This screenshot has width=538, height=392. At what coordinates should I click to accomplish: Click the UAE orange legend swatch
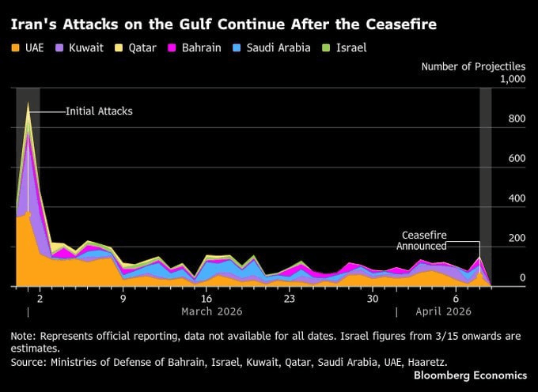[16, 48]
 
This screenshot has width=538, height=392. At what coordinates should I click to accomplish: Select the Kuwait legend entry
[79, 48]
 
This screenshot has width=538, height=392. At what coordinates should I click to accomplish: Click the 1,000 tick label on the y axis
[512, 79]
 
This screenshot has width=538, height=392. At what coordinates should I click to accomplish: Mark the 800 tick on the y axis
[517, 119]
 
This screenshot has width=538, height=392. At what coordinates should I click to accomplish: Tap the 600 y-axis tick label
[517, 159]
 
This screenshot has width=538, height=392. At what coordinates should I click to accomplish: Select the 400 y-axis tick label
[517, 199]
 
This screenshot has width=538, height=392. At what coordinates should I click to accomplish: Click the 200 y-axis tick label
[517, 239]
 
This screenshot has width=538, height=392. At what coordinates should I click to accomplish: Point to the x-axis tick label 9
[123, 300]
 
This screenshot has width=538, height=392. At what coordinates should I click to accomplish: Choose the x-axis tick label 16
[206, 300]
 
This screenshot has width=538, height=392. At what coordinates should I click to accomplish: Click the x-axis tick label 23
[290, 300]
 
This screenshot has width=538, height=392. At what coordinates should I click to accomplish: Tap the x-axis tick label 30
[373, 300]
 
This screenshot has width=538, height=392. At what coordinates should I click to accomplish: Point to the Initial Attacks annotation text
[99, 111]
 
